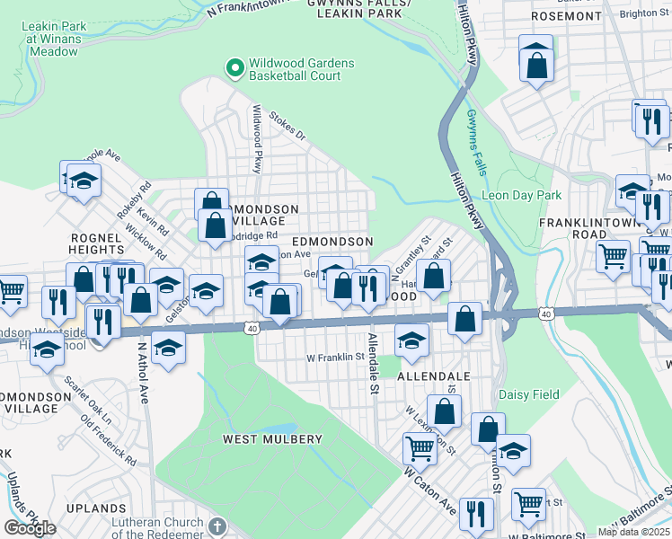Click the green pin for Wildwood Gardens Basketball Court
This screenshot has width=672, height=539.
click(234, 67)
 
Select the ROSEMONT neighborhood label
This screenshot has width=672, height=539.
click(565, 16)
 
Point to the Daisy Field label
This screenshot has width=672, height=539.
click(529, 394)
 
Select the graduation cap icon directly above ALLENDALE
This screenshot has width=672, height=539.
click(412, 340)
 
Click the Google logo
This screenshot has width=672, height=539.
click(30, 528)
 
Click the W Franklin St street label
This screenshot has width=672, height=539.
click(337, 356)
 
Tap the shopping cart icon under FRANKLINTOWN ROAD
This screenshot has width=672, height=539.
click(614, 255)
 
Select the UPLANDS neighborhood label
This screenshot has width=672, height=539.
click(89, 508)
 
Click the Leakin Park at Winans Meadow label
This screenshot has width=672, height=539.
click(54, 39)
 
